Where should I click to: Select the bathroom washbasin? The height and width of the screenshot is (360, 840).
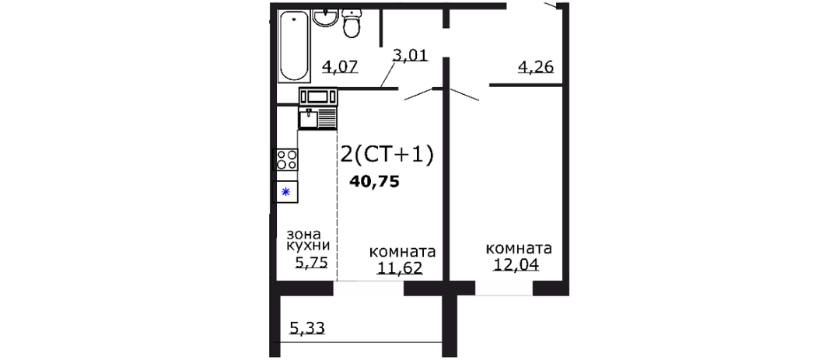325,18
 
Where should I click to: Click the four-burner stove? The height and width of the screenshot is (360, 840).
285,159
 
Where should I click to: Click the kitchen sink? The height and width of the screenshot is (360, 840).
317,118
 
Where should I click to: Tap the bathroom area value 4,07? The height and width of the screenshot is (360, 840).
340,67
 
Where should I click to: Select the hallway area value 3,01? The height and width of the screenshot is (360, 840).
411,55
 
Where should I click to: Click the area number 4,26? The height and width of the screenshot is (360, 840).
535,67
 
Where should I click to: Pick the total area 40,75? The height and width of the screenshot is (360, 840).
374,182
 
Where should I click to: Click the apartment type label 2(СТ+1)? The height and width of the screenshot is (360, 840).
387,155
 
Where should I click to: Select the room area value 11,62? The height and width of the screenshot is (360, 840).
401,267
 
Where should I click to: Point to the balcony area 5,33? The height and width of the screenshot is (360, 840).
307,327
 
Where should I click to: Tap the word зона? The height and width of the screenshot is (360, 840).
303,234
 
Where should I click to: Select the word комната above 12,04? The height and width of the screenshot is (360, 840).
519,249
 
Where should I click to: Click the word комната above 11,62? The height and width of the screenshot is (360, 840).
403,252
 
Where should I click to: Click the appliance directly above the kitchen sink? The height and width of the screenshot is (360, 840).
318,96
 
